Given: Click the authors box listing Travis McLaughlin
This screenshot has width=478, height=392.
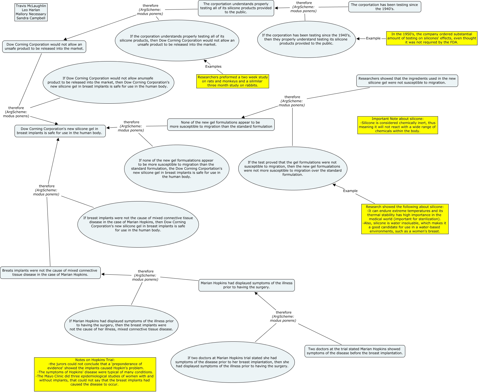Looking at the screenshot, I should [x=31, y=12].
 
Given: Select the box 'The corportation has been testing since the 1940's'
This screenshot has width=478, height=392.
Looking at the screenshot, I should [x=384, y=7].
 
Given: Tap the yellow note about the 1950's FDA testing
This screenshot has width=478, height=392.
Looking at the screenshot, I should [x=431, y=38].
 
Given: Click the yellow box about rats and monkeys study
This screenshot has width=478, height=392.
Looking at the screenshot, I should [x=232, y=81].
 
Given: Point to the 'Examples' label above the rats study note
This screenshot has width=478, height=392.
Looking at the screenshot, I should [x=213, y=66].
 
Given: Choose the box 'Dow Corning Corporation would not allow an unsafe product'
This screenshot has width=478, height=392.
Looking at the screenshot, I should [x=44, y=46].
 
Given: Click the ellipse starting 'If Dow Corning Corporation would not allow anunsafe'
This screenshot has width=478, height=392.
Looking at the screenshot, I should [x=108, y=82].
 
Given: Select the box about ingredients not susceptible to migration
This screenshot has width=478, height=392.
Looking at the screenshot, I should [x=407, y=80].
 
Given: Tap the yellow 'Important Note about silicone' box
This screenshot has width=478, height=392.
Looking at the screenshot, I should [x=397, y=125].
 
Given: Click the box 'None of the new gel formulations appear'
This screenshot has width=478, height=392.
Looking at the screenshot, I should [x=221, y=124].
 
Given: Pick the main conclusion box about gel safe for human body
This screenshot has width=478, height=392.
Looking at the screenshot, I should [x=60, y=131].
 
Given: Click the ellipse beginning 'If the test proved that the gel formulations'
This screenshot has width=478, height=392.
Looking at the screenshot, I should [x=292, y=168].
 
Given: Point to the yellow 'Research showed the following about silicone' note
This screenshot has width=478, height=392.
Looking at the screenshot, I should [x=404, y=219].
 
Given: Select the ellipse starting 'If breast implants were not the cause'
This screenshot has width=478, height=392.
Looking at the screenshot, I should [x=138, y=224].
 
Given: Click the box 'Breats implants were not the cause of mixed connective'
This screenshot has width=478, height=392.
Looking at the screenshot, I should [x=50, y=272].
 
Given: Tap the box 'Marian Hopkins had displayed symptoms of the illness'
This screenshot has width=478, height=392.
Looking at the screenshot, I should [x=246, y=285].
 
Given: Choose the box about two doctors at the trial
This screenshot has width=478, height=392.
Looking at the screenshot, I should [x=354, y=351].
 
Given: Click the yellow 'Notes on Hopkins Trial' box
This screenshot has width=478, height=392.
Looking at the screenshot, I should [x=95, y=374].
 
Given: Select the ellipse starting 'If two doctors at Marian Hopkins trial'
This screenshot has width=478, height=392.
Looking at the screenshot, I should [x=232, y=362].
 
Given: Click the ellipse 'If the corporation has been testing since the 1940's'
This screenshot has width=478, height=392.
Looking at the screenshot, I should [x=306, y=39].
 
